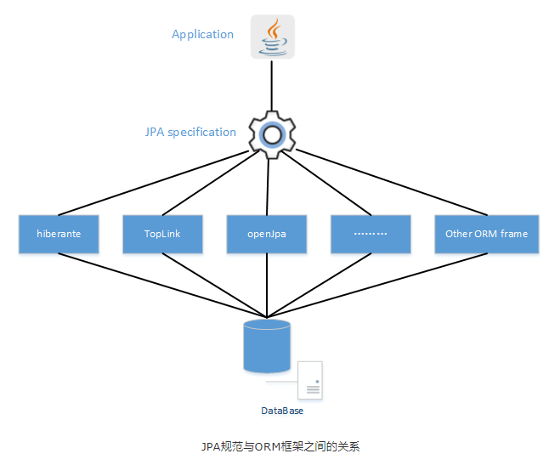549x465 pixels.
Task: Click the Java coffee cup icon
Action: [x=272, y=37]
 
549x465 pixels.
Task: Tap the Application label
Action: [x=202, y=35]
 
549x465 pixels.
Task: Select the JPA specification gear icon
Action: [x=271, y=133]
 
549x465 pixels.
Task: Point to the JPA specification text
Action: [x=190, y=132]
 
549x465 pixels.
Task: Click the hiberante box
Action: [x=59, y=234]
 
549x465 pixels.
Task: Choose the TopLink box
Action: [x=163, y=234]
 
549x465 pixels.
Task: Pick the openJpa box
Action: [x=267, y=234]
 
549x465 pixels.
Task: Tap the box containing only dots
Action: [x=371, y=234]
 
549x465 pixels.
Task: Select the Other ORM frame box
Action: [x=486, y=234]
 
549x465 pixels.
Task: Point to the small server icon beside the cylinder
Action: [x=311, y=381]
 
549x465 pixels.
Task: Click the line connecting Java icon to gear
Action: [x=272, y=85]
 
